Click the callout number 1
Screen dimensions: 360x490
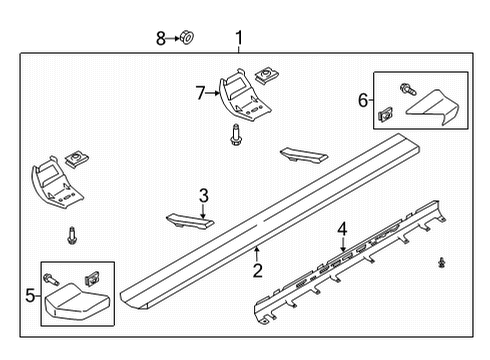pyautogui.click(x=238, y=40)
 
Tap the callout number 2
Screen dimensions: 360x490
pyautogui.click(x=257, y=270)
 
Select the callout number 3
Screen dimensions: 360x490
pyautogui.click(x=203, y=196)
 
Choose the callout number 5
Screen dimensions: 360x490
pyautogui.click(x=28, y=295)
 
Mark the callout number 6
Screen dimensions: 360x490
pyautogui.click(x=362, y=100)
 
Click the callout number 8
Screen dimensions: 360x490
pyautogui.click(x=160, y=39)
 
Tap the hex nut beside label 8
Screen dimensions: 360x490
pyautogui.click(x=187, y=39)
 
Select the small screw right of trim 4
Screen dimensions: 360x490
pyautogui.click(x=442, y=262)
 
